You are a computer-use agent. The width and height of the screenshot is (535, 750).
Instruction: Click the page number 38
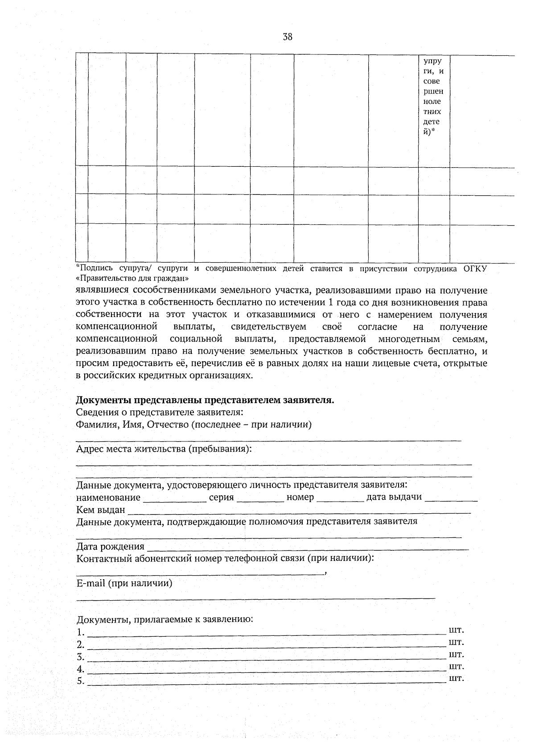[x=288, y=37]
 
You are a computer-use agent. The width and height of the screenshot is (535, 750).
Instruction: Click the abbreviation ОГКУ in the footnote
[x=475, y=268]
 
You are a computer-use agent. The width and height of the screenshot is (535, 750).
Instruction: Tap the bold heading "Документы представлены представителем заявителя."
[x=205, y=400]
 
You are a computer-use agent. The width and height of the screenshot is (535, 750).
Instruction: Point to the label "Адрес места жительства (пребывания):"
[x=164, y=449]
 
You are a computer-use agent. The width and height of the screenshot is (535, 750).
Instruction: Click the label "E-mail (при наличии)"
[x=124, y=583]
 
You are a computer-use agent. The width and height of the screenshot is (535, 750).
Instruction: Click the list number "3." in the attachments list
[x=80, y=657]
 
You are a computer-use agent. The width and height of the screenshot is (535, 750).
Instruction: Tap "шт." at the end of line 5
[x=456, y=679]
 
